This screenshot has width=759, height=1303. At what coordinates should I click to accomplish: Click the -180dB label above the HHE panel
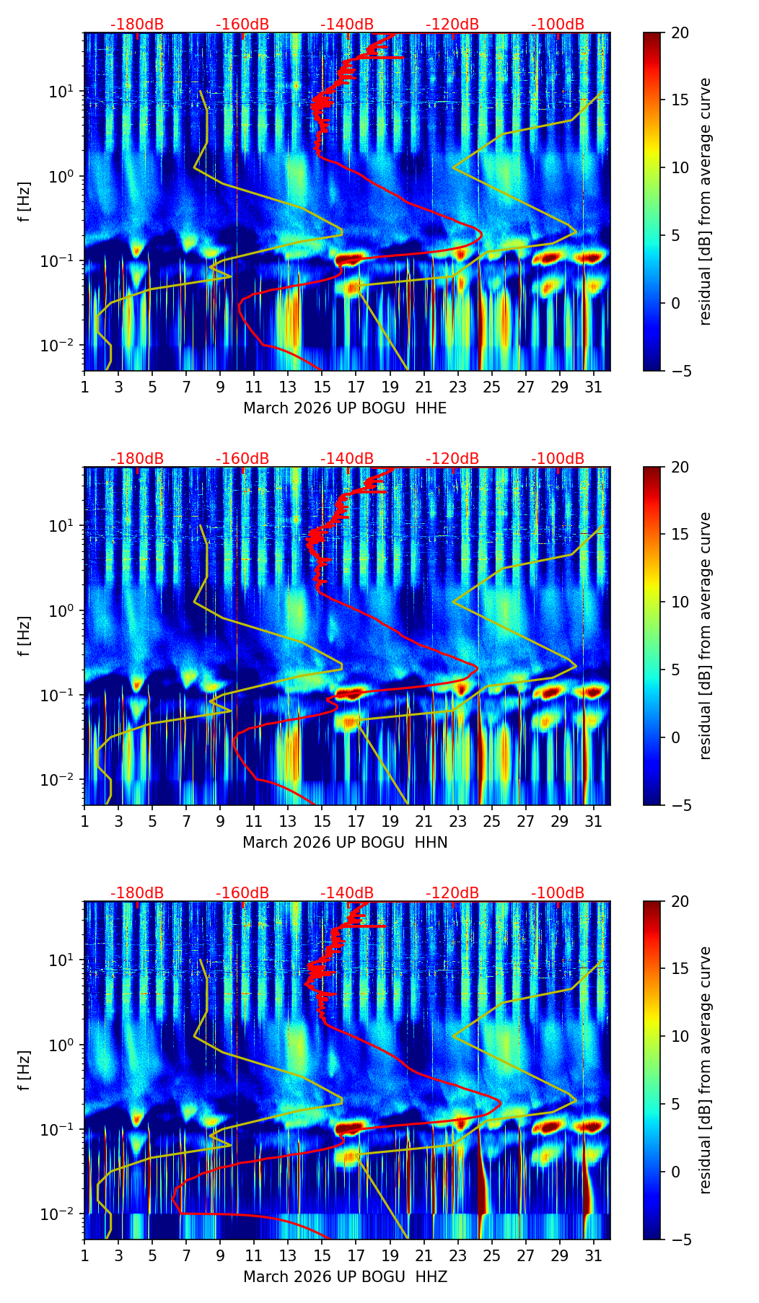tap(137, 25)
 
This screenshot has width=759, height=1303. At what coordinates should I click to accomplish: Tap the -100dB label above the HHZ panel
tap(558, 893)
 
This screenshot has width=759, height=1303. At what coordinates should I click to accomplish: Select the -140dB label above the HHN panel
tap(347, 459)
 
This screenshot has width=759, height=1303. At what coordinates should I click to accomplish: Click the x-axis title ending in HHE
tap(345, 408)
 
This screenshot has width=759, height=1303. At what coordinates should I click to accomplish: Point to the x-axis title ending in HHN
tap(345, 843)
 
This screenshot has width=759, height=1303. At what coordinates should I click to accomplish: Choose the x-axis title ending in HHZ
tap(345, 1277)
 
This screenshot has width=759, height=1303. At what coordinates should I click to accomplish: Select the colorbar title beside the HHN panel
tap(706, 636)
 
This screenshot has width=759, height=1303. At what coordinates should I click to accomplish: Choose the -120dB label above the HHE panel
tap(452, 25)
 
